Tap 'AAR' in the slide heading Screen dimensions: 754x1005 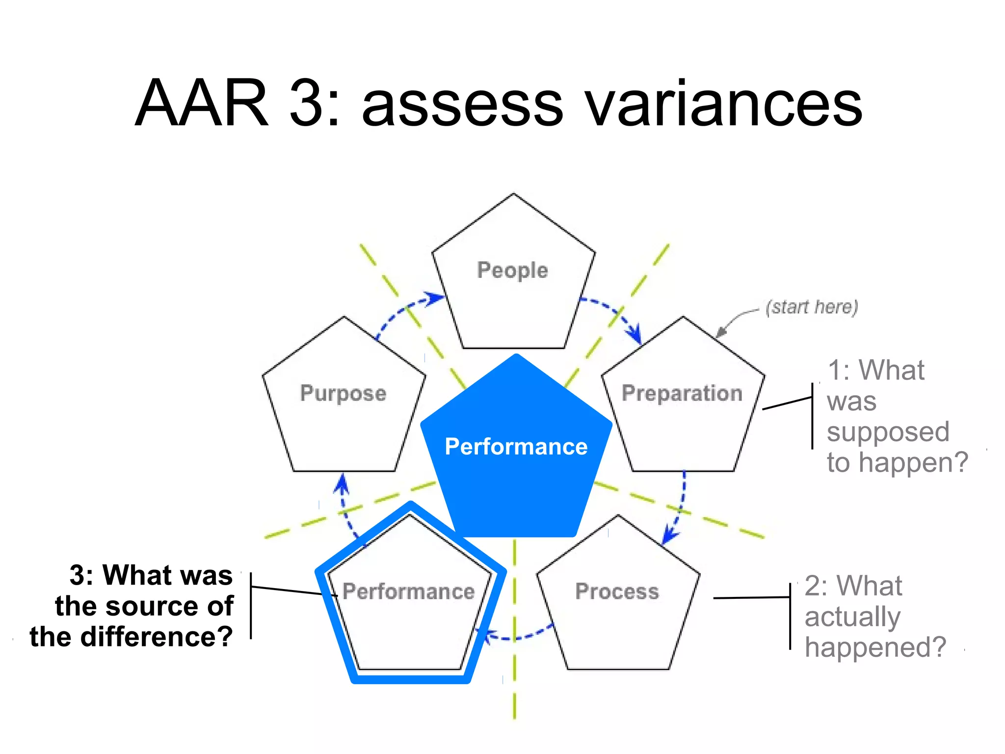pos(202,103)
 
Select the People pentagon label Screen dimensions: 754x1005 pos(512,270)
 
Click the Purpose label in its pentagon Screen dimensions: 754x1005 pos(343,393)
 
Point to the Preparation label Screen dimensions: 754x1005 pos(682,393)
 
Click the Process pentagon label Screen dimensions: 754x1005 pos(617,591)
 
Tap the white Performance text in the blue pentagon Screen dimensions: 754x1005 pos(516,447)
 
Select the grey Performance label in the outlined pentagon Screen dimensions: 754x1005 pos(408,591)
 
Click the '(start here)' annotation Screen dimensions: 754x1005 pos(812,307)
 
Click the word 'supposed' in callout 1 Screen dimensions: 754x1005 pos(888,432)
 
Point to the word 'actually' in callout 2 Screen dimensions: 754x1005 pos(852,617)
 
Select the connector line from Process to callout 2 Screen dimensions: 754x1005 pos(751,597)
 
